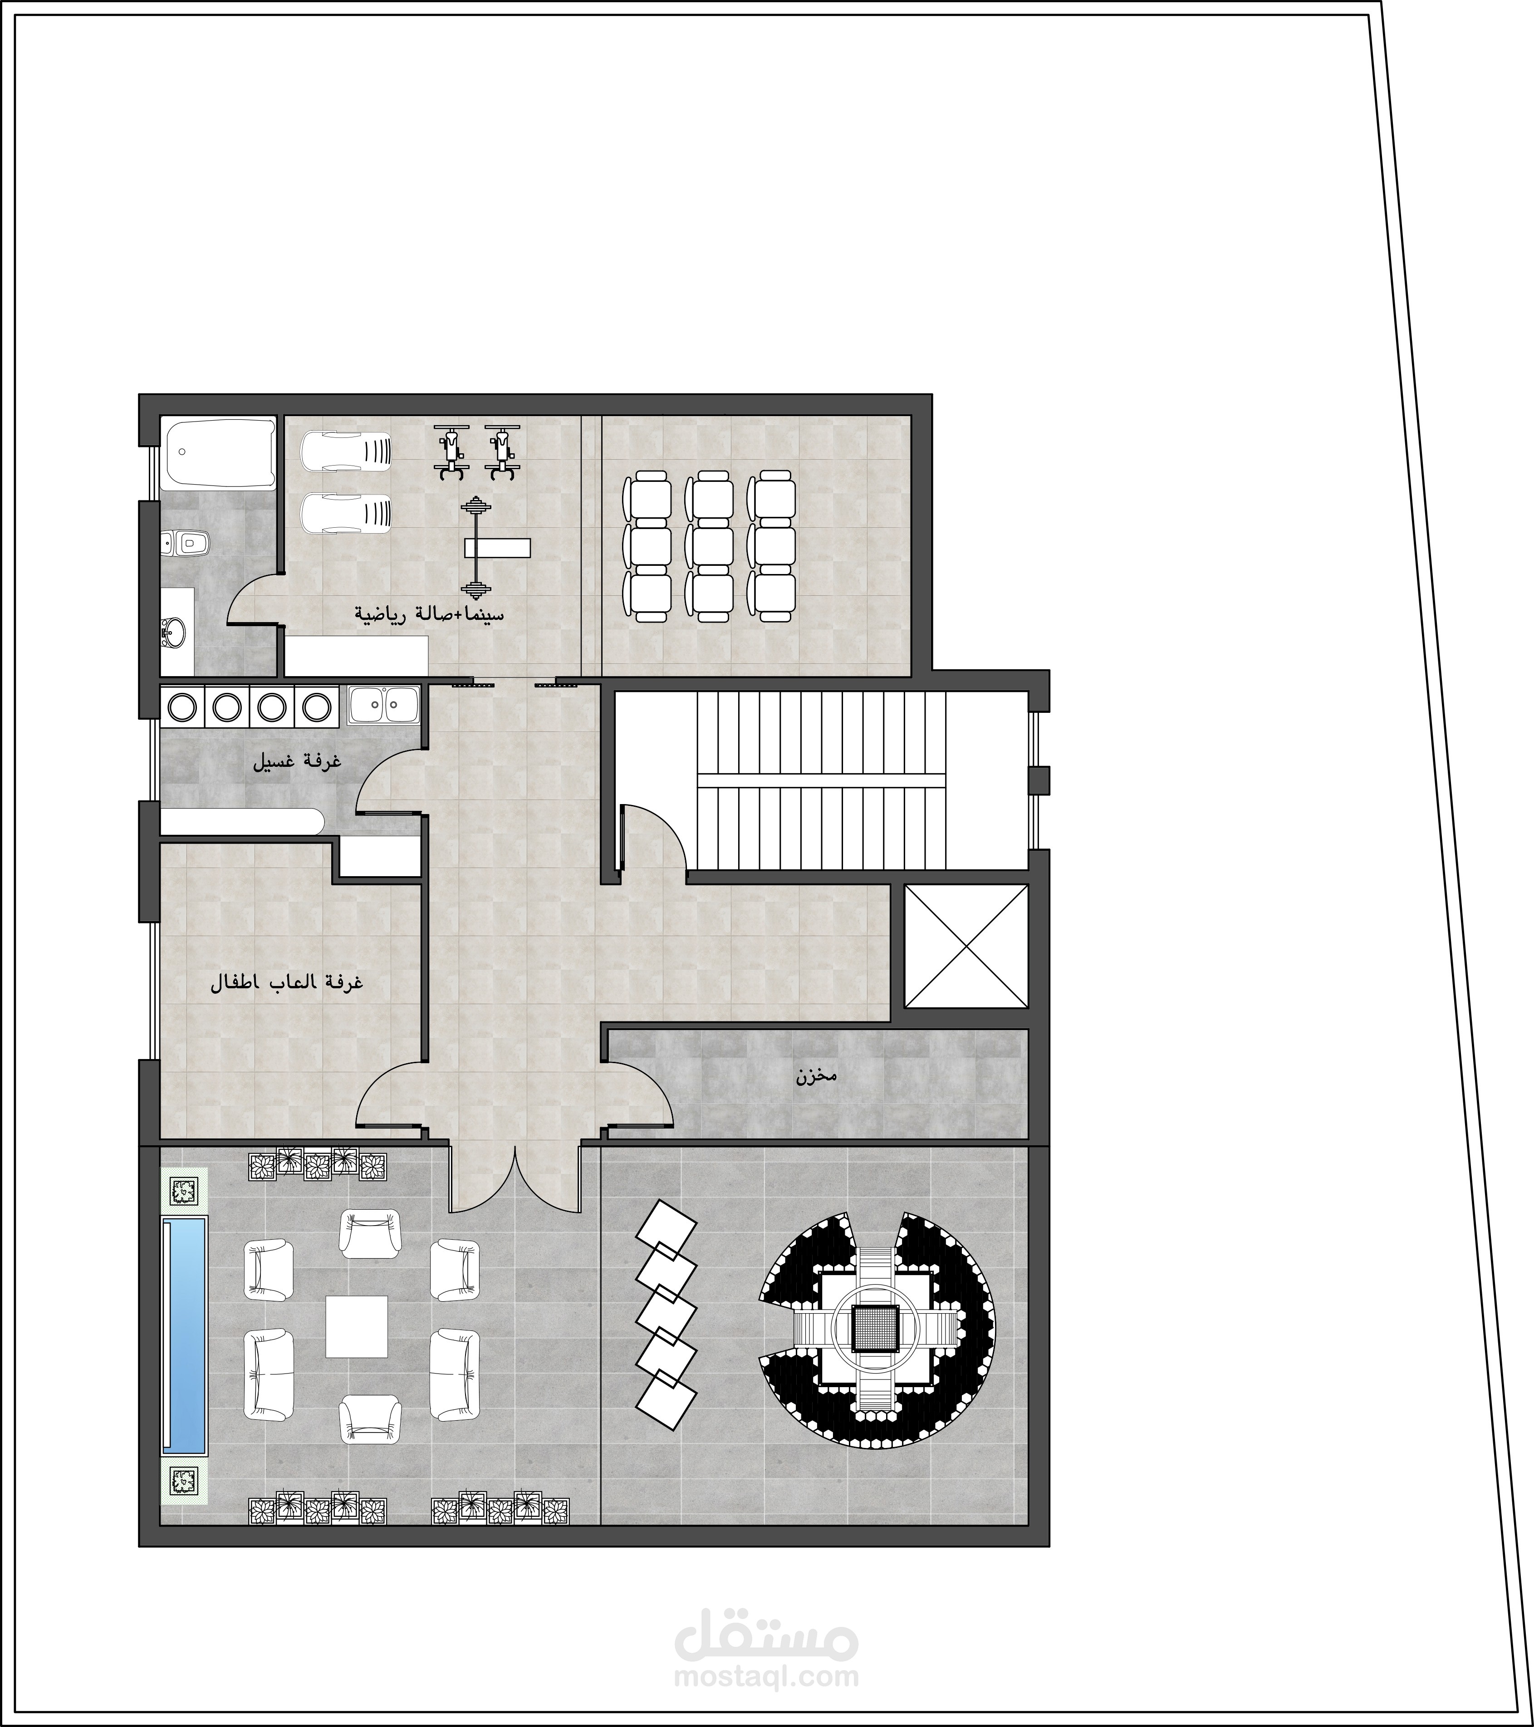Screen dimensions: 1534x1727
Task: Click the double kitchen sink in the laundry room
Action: (x=384, y=704)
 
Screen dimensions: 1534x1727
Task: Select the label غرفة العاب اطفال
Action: (x=286, y=983)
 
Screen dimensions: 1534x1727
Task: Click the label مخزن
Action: (x=815, y=1077)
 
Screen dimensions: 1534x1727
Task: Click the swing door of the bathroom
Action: (x=254, y=598)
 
